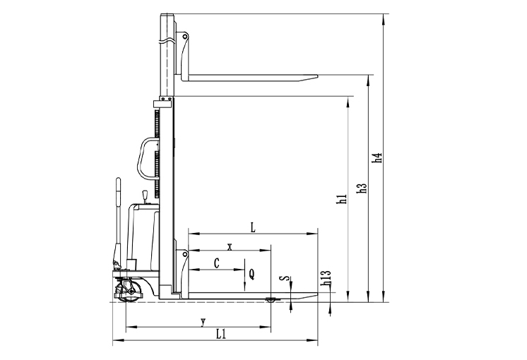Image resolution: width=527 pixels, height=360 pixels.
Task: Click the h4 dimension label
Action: tap(379, 158)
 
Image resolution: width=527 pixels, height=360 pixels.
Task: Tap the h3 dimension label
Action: tap(361, 188)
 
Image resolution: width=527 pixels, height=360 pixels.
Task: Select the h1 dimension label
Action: tap(342, 199)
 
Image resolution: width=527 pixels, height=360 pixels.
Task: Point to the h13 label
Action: tap(326, 278)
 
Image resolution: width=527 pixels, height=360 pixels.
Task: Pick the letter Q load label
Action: tap(251, 275)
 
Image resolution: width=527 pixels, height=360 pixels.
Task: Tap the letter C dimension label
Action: tap(217, 263)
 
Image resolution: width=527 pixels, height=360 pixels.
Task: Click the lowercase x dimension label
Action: tap(230, 248)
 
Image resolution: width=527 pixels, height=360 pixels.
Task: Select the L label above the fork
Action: tap(253, 228)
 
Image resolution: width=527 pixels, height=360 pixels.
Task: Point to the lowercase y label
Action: tap(203, 322)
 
